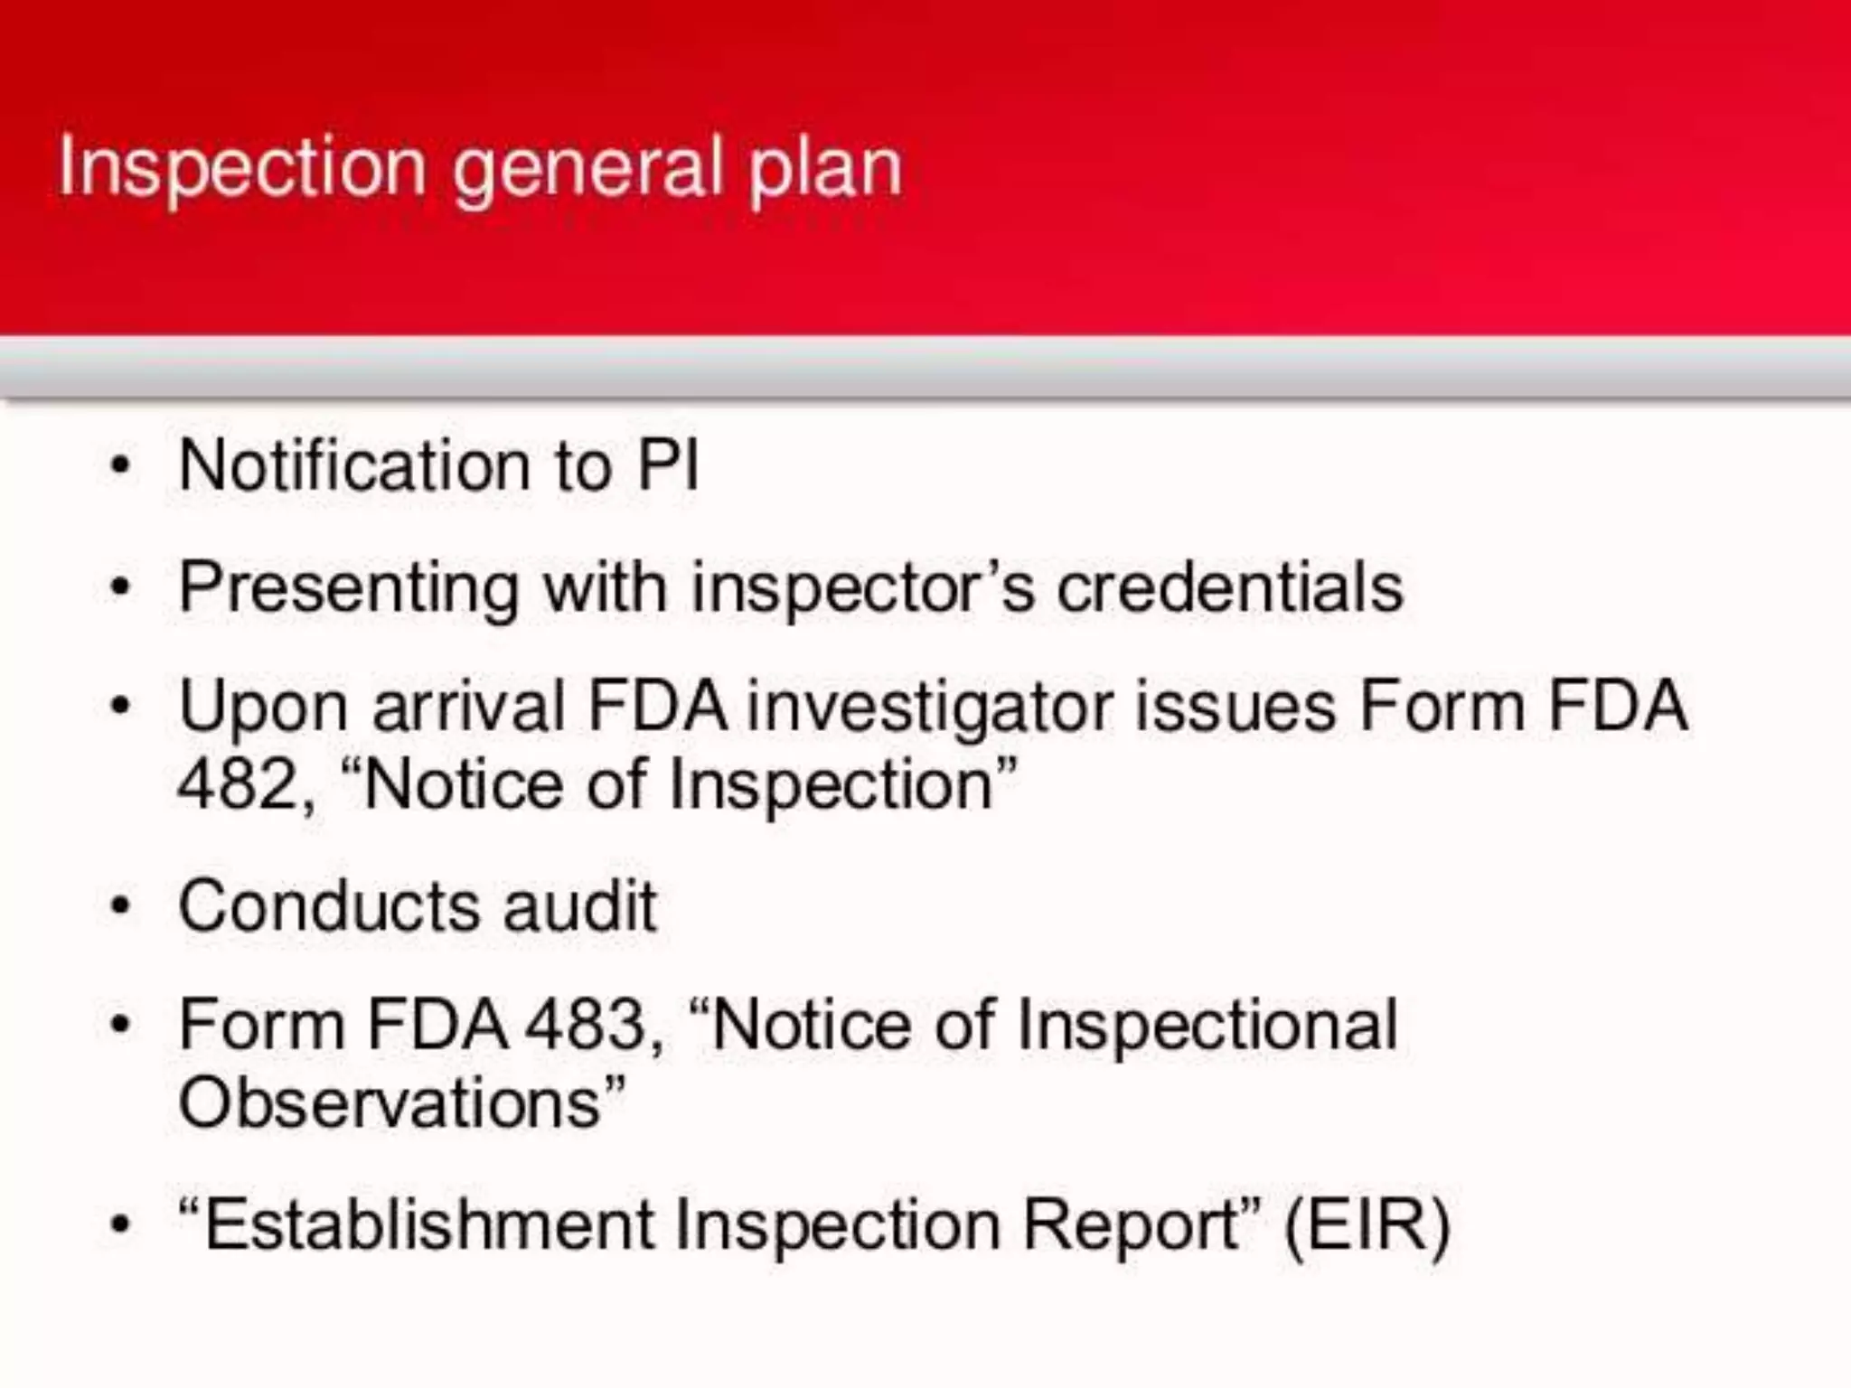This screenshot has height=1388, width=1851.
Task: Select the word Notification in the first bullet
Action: pos(353,466)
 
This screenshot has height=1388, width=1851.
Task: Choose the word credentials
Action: pos(1230,587)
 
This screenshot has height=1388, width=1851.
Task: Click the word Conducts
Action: pos(329,905)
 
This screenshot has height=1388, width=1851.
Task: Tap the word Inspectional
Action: pos(1207,1027)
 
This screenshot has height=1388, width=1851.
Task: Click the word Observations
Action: pos(390,1102)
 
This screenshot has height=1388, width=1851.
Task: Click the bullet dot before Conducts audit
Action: pos(120,905)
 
